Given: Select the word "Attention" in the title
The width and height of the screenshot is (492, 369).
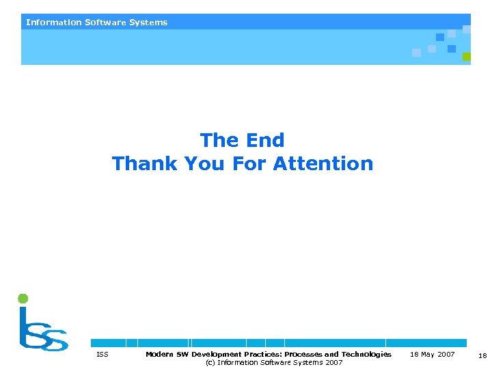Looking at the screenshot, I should click(x=323, y=164).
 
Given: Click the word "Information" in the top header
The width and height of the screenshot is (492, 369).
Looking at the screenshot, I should click(x=54, y=23).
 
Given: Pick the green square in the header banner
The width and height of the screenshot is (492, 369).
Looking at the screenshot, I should click(x=467, y=57).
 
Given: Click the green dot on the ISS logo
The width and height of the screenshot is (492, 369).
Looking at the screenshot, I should click(x=23, y=299).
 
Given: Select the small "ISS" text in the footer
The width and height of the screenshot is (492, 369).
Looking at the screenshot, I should click(x=102, y=355).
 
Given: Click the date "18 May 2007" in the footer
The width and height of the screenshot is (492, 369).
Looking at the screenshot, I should click(x=432, y=355).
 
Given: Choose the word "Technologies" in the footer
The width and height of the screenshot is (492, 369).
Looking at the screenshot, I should click(x=366, y=355).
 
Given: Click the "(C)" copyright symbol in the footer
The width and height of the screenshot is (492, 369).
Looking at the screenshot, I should click(x=210, y=363).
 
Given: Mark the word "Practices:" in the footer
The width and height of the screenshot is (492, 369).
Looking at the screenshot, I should click(x=262, y=355).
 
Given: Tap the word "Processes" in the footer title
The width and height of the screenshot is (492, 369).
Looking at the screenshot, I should click(x=303, y=355).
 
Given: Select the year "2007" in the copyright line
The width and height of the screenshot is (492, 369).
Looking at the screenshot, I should click(x=334, y=363).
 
